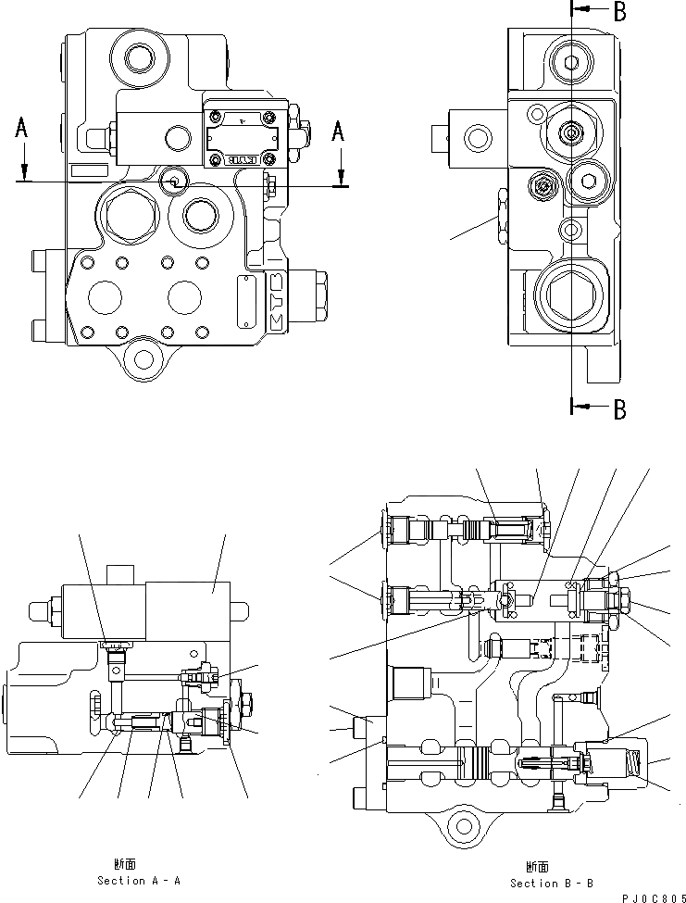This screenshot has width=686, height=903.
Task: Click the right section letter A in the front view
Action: point(338,132)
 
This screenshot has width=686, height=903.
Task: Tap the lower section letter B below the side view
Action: point(619,408)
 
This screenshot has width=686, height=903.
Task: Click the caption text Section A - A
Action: point(140,880)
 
